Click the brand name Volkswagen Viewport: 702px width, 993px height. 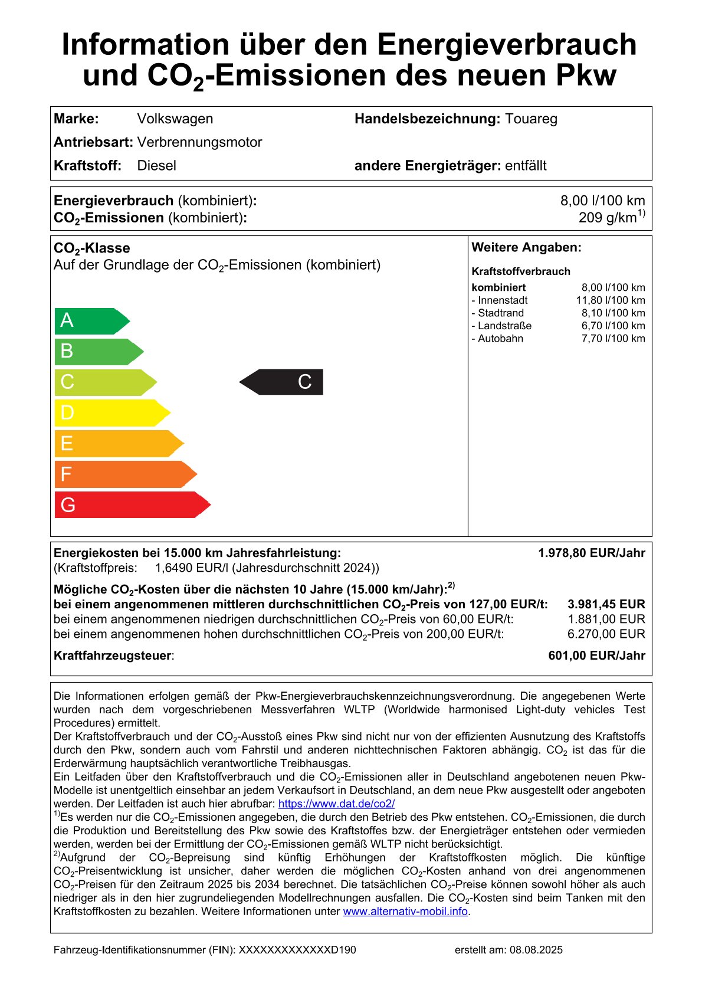tap(175, 119)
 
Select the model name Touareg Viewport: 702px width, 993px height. tap(531, 119)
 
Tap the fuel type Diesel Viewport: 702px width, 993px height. tap(156, 165)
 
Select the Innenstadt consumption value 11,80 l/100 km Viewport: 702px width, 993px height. tap(611, 300)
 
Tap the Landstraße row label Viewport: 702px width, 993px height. tap(502, 326)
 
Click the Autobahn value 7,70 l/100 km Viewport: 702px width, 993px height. tap(613, 339)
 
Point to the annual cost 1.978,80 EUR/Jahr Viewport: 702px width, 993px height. tap(591, 553)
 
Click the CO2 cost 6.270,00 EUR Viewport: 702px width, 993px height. tap(606, 634)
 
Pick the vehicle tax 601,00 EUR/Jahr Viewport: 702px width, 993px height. tap(596, 656)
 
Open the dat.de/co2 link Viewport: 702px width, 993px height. tap(336, 804)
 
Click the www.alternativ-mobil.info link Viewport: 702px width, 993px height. tap(405, 911)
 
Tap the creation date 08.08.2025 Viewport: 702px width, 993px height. tap(536, 950)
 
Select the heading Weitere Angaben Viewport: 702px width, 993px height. tap(526, 248)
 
